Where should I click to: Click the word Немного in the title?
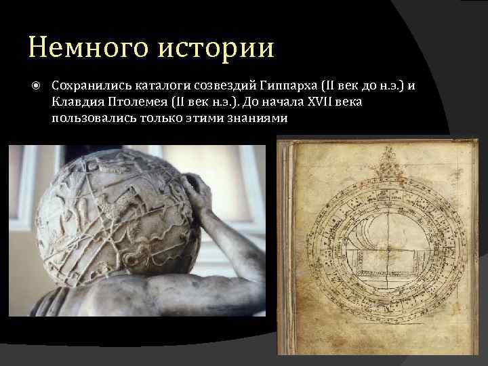pos(79,47)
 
